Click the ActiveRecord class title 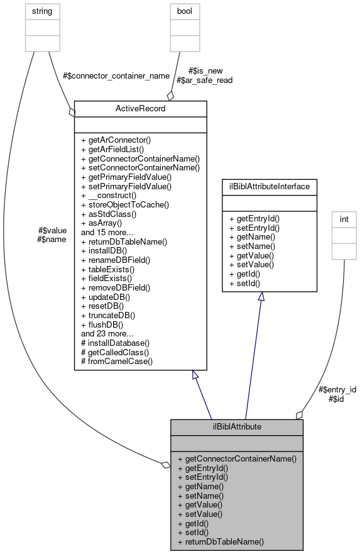[140, 109]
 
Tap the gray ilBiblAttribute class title [237, 426]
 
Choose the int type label [344, 220]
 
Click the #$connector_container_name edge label [116, 75]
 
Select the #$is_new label [205, 70]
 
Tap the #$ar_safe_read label [204, 80]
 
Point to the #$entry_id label [337, 389]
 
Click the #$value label [52, 230]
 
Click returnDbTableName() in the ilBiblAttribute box [221, 541]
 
